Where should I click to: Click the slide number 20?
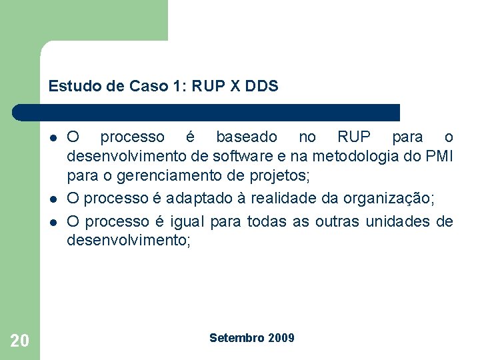coord(20,341)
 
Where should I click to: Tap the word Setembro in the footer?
coord(237,338)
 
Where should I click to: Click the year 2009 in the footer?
coord(281,338)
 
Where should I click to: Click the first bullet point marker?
coord(52,138)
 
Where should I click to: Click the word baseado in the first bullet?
coord(247,137)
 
